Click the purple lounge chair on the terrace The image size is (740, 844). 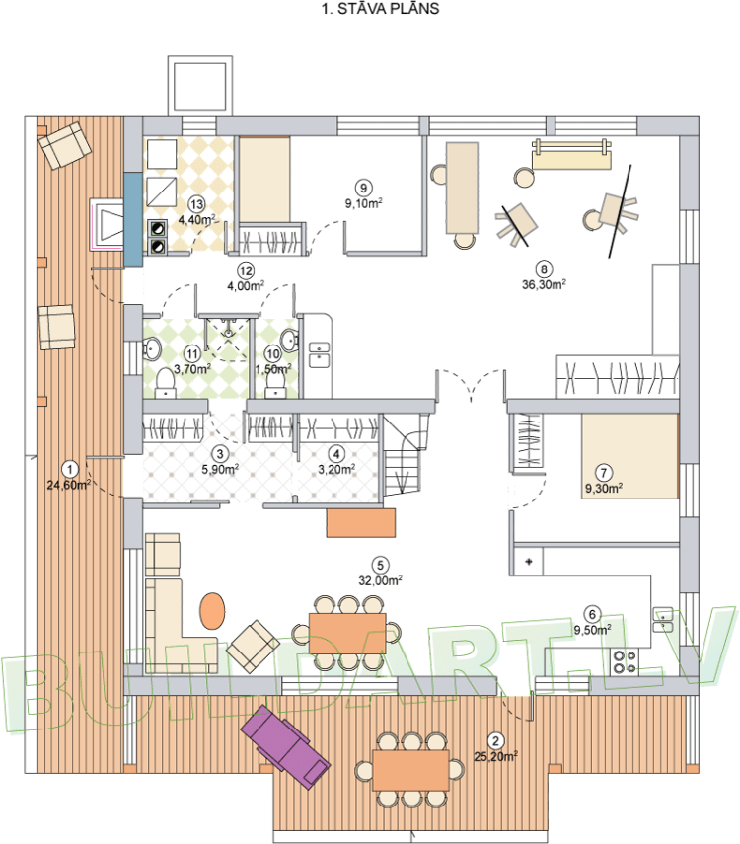(285, 746)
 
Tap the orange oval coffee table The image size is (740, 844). (212, 610)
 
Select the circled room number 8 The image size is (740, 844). (544, 269)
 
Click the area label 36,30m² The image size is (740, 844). (544, 284)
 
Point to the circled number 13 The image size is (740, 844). (196, 204)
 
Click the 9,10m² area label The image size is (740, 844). (364, 203)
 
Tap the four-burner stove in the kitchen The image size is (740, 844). (625, 662)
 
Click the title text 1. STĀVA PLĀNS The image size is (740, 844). (380, 9)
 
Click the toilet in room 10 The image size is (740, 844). (275, 383)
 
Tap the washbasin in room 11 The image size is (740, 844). (152, 348)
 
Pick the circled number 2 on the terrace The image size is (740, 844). (495, 741)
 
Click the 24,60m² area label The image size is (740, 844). (68, 485)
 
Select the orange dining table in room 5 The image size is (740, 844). (347, 633)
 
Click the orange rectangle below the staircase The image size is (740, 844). (360, 522)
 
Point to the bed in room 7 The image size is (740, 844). (629, 456)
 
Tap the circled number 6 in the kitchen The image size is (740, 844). (593, 614)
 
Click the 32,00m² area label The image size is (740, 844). (380, 580)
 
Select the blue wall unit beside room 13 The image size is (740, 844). (133, 219)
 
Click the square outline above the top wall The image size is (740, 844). (200, 85)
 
